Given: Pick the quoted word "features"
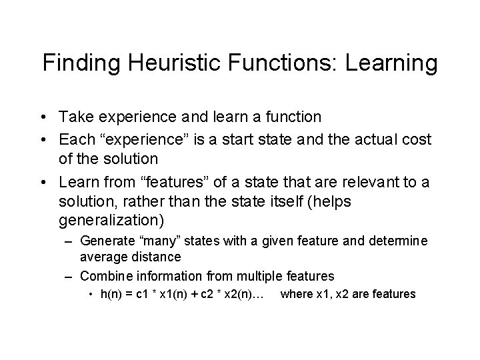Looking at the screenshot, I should click(x=151, y=183).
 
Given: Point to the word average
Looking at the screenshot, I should click(x=101, y=255).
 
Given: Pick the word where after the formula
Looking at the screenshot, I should click(x=296, y=293).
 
